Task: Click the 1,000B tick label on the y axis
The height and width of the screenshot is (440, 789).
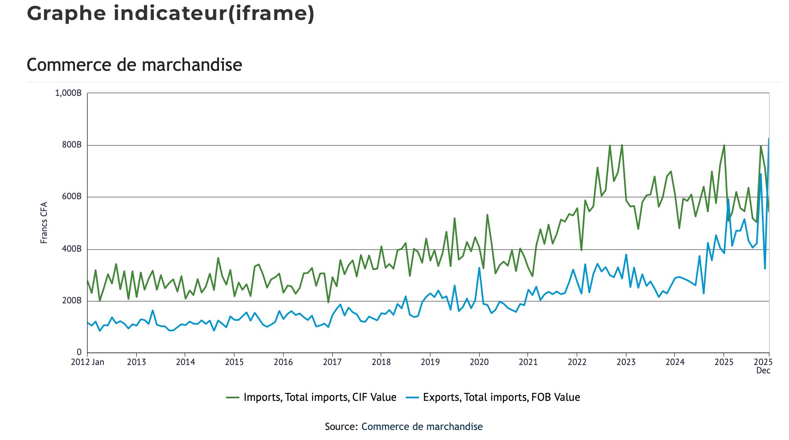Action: click(68, 93)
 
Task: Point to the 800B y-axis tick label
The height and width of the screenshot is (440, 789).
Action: click(72, 145)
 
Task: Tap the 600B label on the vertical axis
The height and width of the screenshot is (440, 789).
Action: click(72, 197)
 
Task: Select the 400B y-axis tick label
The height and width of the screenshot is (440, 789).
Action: click(72, 249)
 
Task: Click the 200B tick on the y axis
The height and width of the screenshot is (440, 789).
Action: click(72, 301)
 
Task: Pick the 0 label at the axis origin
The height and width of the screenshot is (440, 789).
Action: click(79, 352)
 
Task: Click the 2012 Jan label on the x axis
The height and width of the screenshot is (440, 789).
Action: click(88, 362)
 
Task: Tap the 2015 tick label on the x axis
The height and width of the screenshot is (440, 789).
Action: click(234, 362)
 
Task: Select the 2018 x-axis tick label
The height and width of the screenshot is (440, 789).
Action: click(381, 362)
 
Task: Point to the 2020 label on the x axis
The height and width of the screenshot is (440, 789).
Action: click(479, 362)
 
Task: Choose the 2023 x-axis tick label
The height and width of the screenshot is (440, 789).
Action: click(626, 362)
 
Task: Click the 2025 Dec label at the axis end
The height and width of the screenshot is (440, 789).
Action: click(764, 366)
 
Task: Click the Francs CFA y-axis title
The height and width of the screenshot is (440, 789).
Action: click(44, 222)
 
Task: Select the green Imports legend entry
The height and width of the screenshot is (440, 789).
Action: click(311, 397)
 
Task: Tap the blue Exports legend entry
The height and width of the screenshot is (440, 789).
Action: click(493, 397)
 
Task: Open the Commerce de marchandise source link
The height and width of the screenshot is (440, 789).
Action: click(422, 427)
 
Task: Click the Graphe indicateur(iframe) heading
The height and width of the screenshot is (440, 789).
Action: click(171, 13)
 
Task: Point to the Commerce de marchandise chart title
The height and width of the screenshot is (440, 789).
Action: click(134, 65)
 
